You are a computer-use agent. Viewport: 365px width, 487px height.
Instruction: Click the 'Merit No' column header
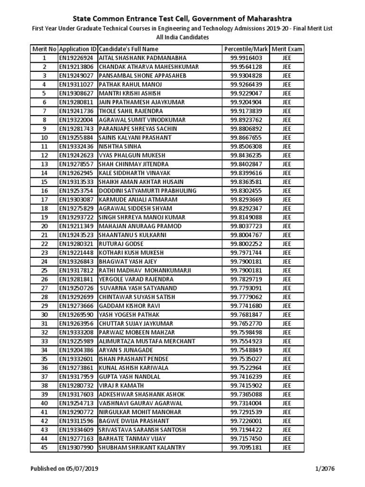[44, 49]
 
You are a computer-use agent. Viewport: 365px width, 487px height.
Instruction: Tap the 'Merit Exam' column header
[287, 49]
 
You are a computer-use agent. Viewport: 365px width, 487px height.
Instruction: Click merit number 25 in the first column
[44, 271]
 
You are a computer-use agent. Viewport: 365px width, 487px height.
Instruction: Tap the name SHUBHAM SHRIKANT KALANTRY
[142, 448]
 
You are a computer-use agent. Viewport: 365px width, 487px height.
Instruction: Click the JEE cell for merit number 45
[287, 448]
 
